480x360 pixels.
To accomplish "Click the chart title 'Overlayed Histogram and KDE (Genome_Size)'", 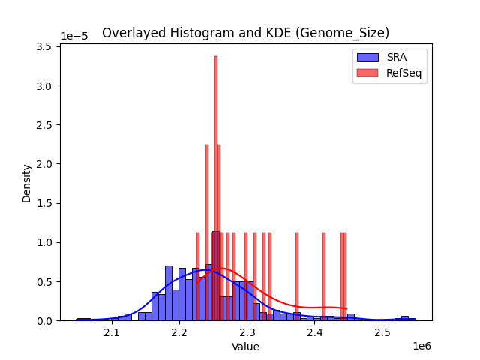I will point(245,33).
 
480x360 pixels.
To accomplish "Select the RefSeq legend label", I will point(403,73).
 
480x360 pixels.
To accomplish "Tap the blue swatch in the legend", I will point(367,58).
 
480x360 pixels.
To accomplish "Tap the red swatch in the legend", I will point(367,73).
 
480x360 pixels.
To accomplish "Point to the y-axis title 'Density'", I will point(27,183).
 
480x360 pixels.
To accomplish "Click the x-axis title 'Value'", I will point(245,346).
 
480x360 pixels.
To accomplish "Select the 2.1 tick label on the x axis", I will point(112,332).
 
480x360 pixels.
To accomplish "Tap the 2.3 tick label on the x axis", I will point(247,332).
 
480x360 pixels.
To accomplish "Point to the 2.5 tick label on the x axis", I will point(382,332).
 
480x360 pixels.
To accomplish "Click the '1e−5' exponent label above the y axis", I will point(74,36).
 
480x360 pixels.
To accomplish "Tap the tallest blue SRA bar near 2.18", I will point(169,293).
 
